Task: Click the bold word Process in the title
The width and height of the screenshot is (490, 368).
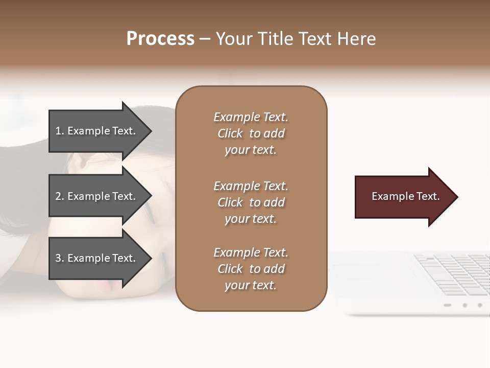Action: coord(160,39)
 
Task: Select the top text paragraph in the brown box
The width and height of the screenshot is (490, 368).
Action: coord(251,133)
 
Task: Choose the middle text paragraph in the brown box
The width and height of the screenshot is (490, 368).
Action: coord(251,202)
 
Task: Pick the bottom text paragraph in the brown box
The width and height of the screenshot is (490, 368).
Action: coord(251,269)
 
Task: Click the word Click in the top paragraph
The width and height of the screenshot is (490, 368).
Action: coord(230,133)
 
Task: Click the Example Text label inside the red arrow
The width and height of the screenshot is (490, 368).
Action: coord(405,196)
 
